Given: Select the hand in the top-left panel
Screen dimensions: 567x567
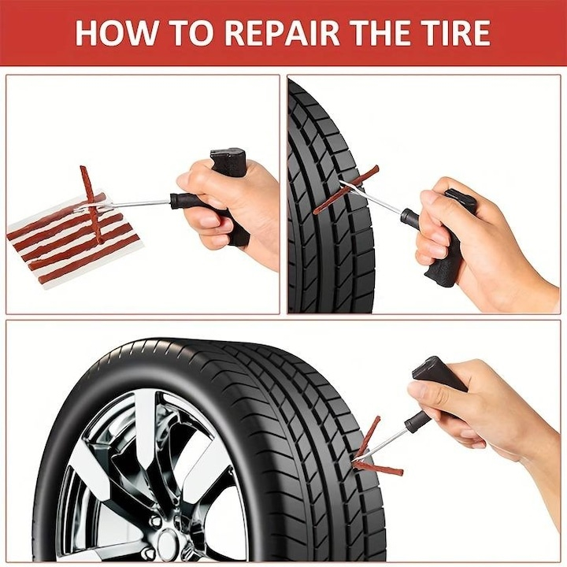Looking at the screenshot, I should pos(236,209).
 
